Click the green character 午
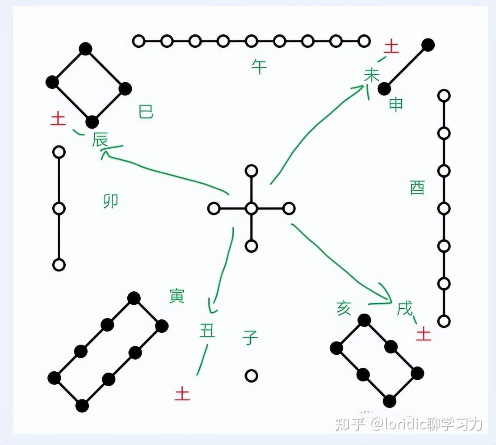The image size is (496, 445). coord(259,67)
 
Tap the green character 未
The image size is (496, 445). coord(371,75)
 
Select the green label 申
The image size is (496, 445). coord(396,104)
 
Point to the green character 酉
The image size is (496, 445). coord(417,188)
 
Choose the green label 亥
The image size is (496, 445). coord(344,308)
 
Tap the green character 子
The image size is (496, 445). coord(250,337)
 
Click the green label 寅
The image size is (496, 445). coord(177,296)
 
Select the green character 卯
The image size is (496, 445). coord(110,201)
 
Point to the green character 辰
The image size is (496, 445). coord(100,140)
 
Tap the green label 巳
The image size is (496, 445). coord(146,112)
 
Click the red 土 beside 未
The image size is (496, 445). coord(391,46)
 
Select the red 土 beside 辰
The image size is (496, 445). coord(58,119)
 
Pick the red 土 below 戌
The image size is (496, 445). coord(423,333)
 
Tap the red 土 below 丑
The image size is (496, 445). coord(182,394)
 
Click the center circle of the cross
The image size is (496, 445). coord(252,208)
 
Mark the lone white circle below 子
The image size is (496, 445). coord(251,375)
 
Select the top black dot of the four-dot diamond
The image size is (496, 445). coord(85,48)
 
